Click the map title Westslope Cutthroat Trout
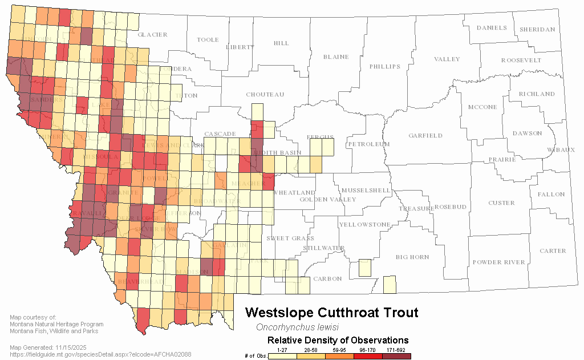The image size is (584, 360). pos(331,313)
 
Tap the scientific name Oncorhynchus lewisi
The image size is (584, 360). pos(297,327)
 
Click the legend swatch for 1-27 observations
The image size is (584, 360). pos(281,357)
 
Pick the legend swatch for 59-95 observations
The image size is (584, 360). pos(338,357)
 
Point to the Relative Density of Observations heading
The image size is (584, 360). pos(338,341)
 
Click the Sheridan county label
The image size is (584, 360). pos(537,30)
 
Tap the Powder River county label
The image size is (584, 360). pos(498,262)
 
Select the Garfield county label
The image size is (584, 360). pos(425,136)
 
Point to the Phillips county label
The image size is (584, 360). pos(385,67)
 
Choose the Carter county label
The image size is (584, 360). pos(553,251)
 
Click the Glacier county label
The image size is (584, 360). pos(152,35)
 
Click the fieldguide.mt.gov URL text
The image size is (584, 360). pos(100,354)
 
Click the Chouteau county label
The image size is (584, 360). pos(265,95)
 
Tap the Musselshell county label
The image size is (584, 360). pos(366,190)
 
